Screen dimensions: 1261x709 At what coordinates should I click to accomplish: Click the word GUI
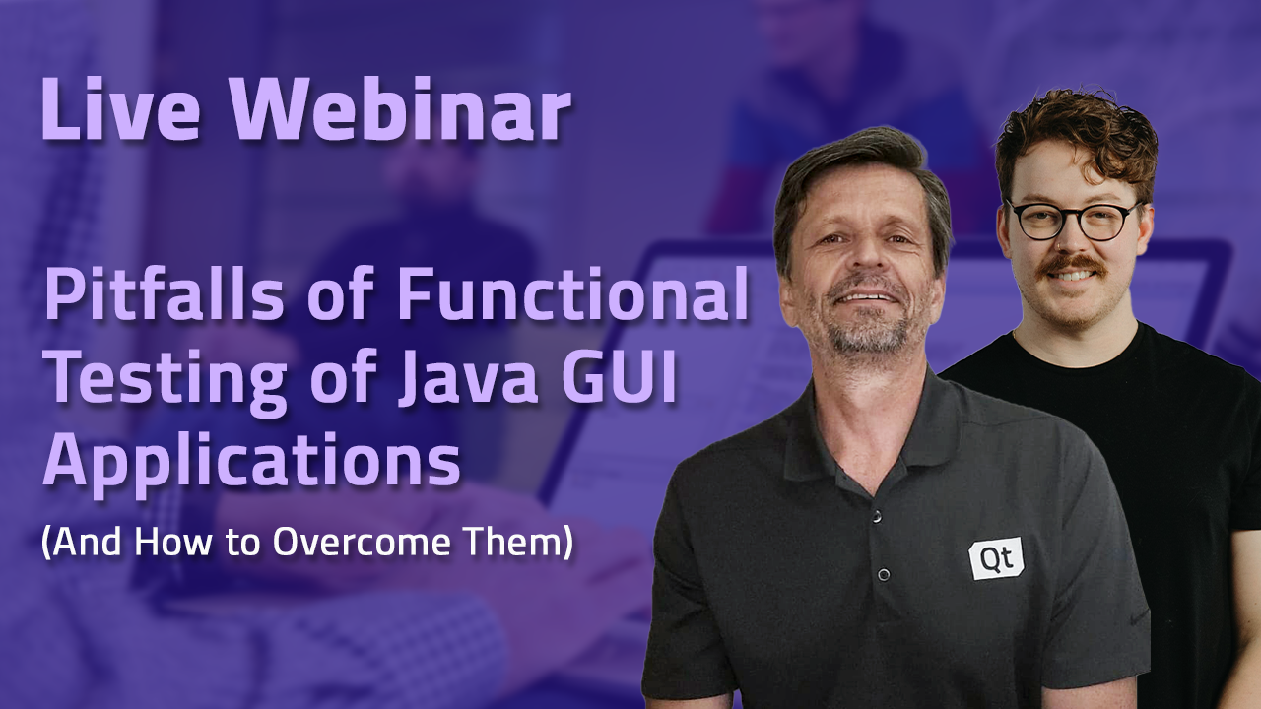(x=618, y=379)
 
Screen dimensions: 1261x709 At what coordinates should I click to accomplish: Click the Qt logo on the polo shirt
(x=996, y=558)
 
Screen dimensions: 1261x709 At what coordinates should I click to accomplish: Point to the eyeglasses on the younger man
(x=1074, y=220)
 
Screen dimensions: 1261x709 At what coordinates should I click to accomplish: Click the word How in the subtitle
(x=171, y=542)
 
